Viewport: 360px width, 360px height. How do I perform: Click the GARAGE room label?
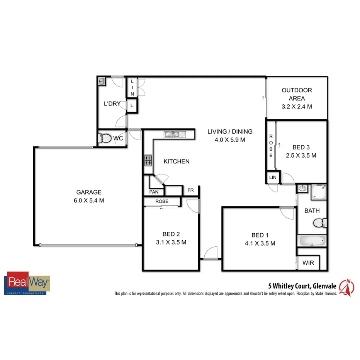click(x=88, y=192)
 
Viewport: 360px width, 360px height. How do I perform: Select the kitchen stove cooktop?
click(x=148, y=160)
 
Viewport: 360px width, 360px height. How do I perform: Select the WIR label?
click(x=308, y=263)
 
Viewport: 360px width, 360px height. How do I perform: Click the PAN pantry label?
click(x=153, y=192)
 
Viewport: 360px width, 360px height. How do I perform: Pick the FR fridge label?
click(x=190, y=190)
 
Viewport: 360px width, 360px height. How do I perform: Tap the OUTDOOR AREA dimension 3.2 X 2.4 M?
click(x=297, y=107)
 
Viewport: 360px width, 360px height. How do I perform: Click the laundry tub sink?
click(x=102, y=81)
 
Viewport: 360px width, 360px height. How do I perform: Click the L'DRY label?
click(x=112, y=104)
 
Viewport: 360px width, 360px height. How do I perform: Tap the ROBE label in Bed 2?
click(x=161, y=201)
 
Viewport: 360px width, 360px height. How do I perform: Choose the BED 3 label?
click(x=301, y=147)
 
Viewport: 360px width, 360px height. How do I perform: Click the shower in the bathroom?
click(x=319, y=192)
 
